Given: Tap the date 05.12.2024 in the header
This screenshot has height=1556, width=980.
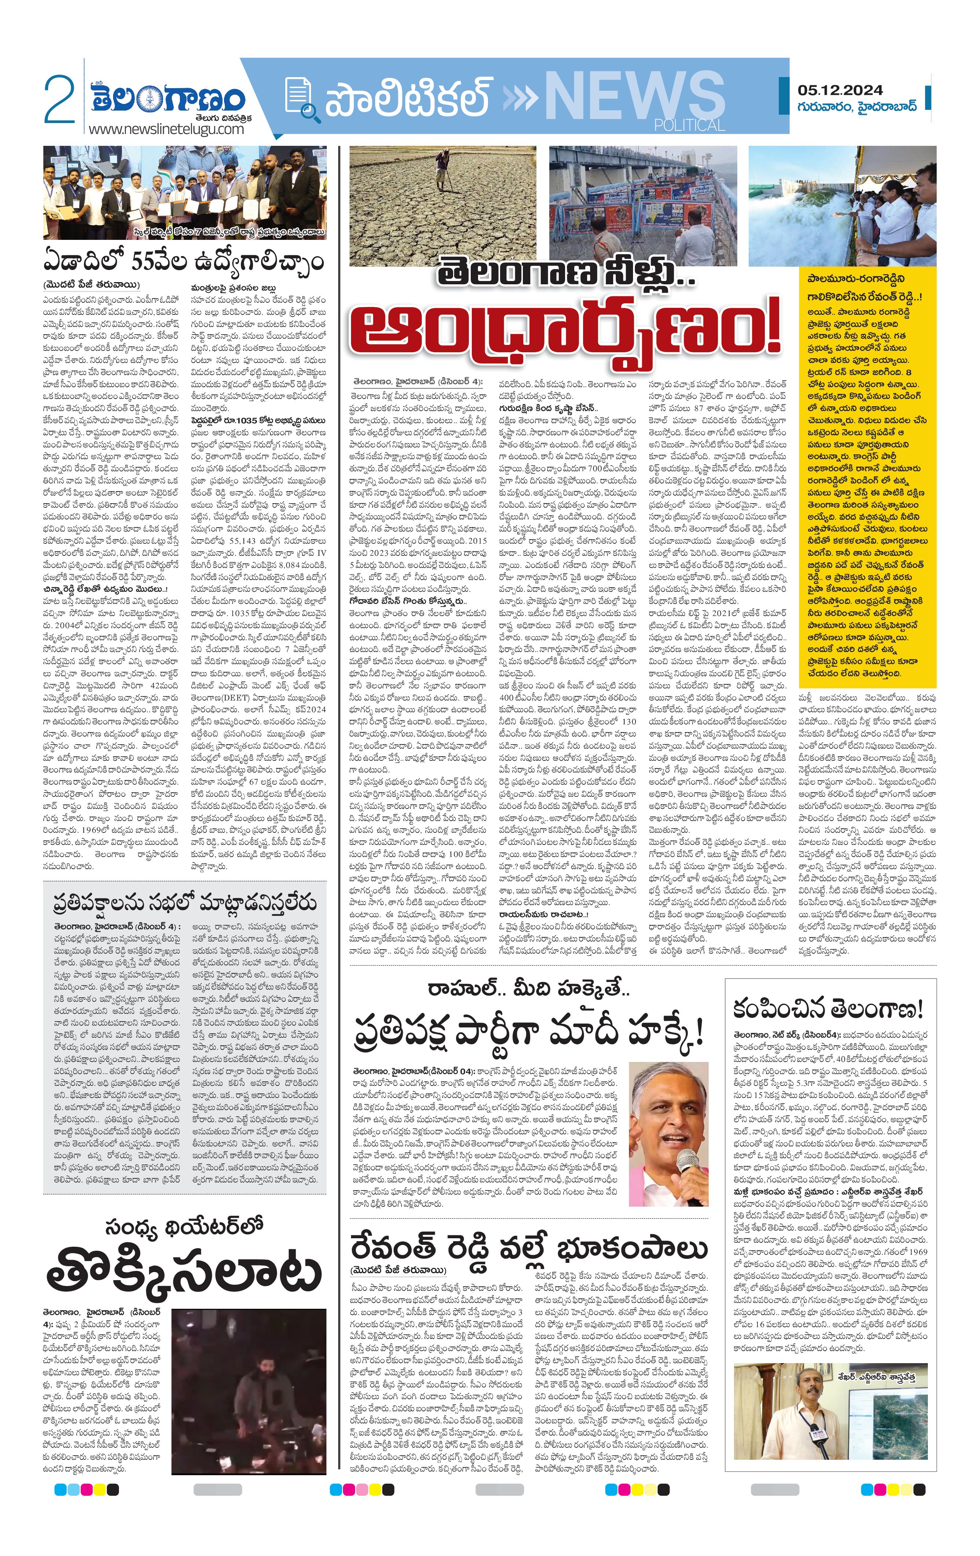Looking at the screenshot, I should point(840,90).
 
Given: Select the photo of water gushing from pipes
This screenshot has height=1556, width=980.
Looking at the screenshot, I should point(841,205).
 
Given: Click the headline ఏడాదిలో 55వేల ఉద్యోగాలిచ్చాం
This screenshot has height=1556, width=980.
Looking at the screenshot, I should point(184,261).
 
